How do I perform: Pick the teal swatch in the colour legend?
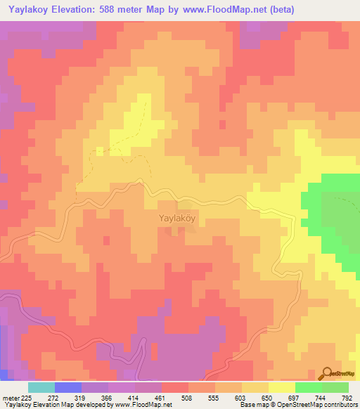(x=41, y=387)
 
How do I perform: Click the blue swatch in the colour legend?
(x=67, y=387)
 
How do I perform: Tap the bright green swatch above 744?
(x=308, y=387)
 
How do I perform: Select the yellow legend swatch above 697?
(x=281, y=387)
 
